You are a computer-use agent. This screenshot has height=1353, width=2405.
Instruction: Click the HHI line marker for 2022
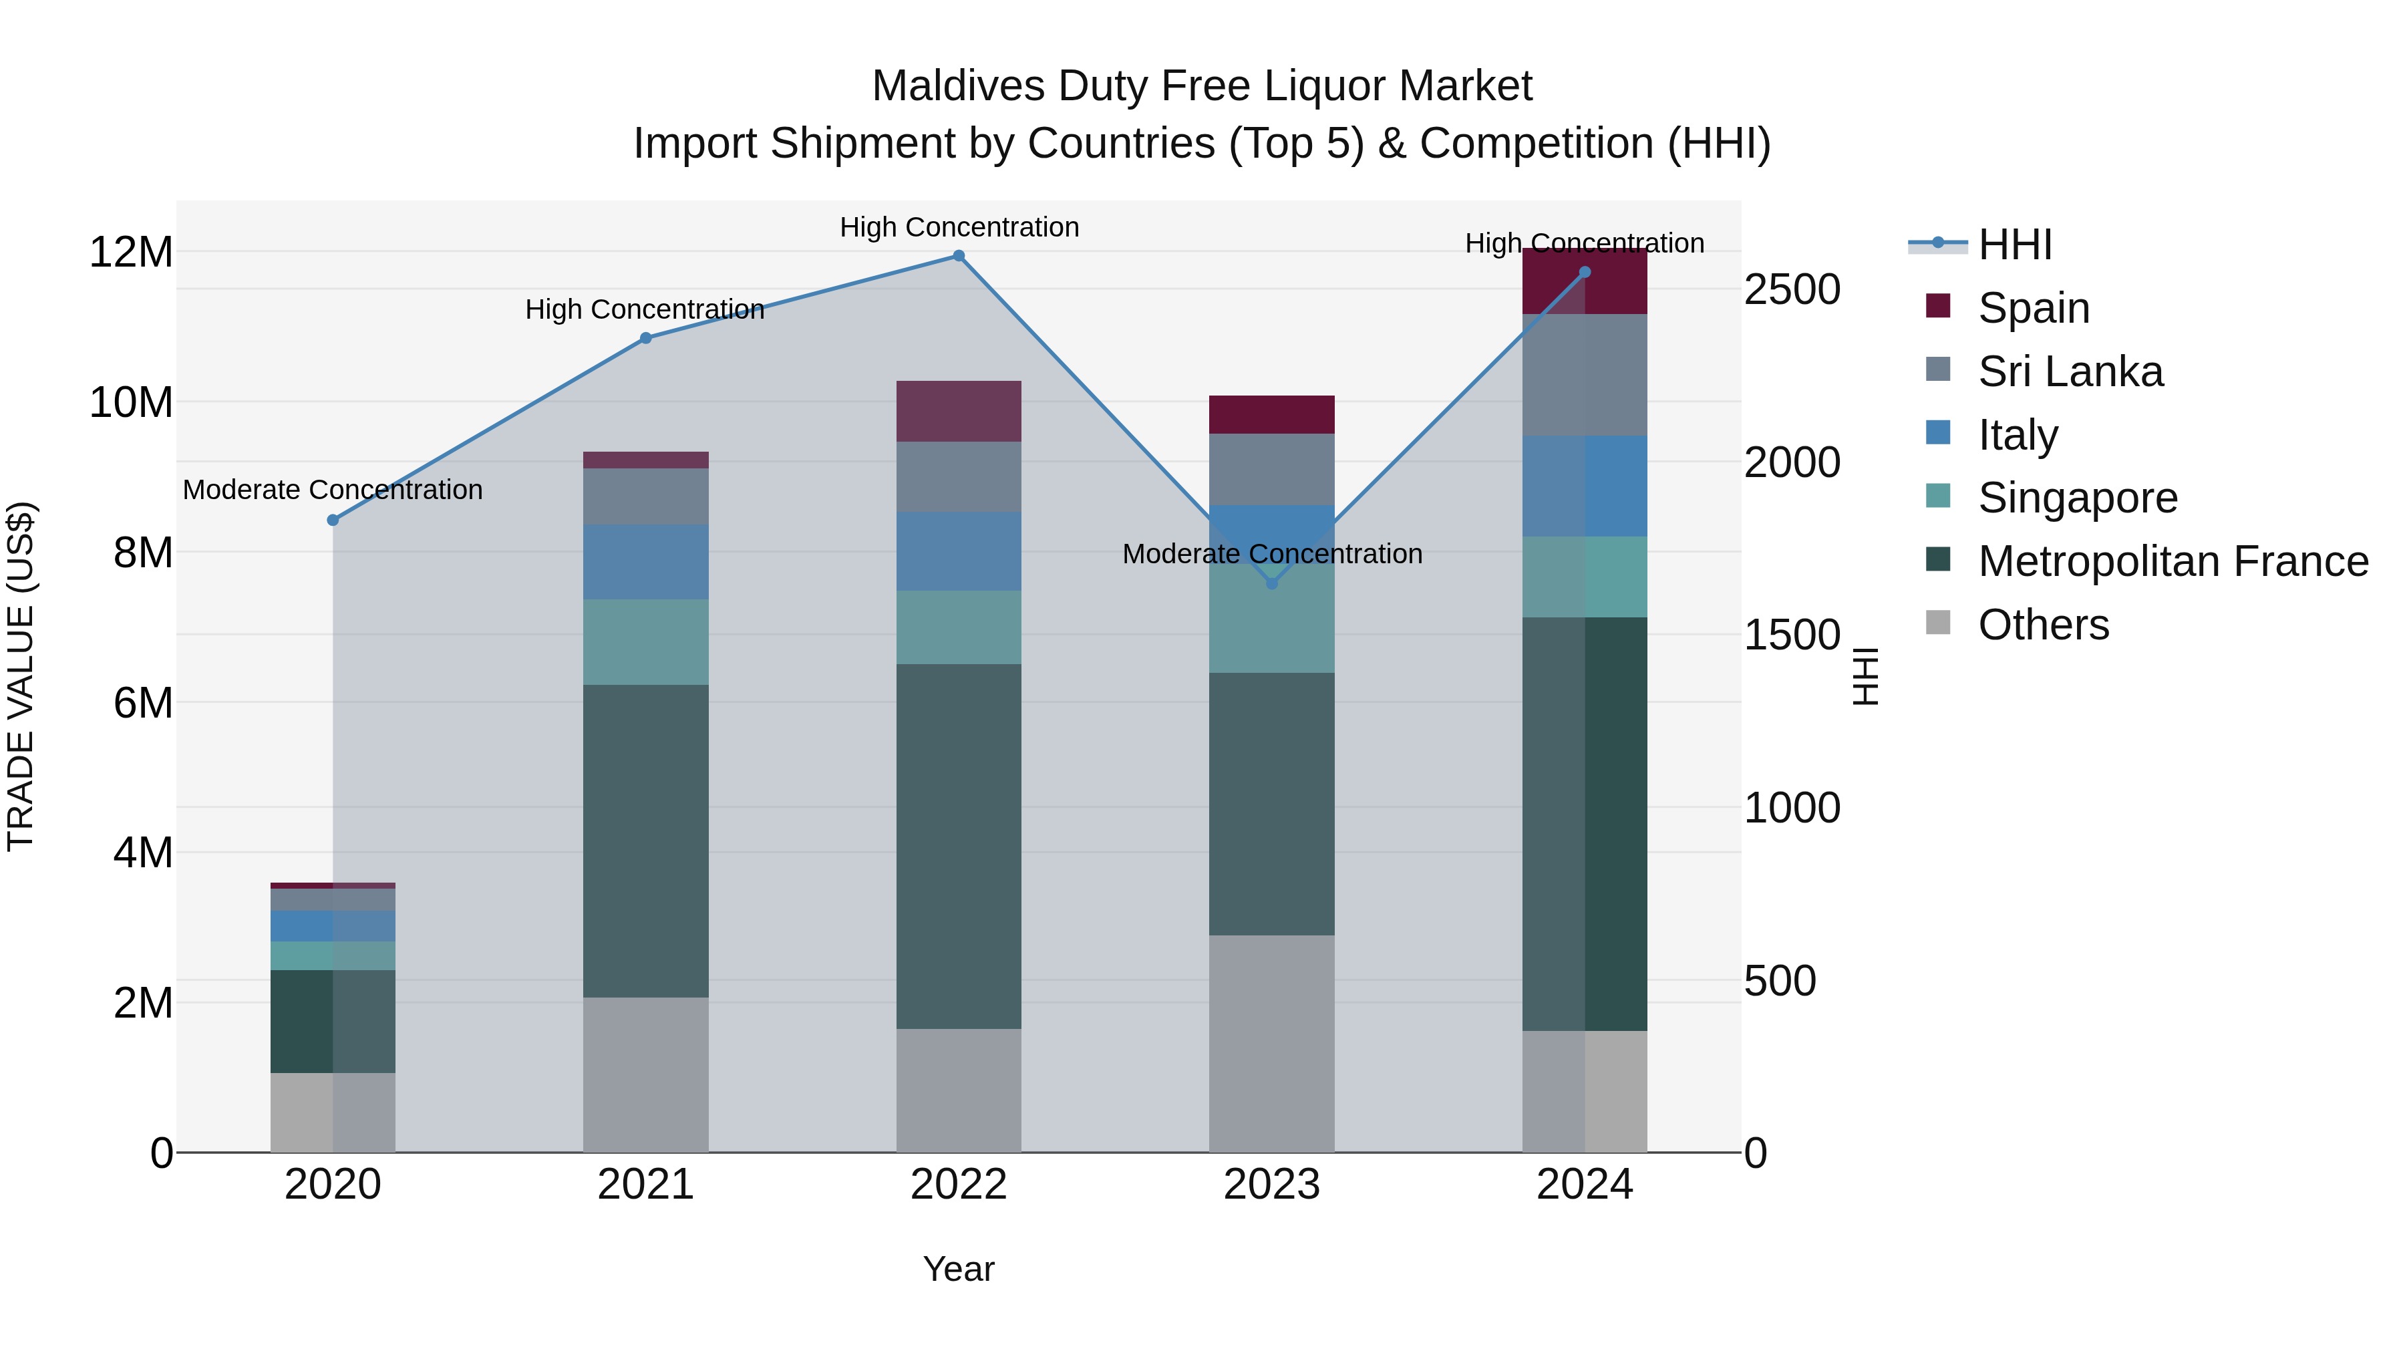click(x=958, y=256)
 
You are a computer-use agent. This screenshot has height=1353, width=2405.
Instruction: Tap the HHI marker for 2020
click(x=333, y=520)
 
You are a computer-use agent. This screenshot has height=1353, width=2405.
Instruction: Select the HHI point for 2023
click(x=1271, y=583)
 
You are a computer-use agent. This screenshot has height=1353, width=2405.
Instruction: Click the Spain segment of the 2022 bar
click(x=958, y=411)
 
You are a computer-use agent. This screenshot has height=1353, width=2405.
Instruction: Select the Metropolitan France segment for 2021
click(x=645, y=841)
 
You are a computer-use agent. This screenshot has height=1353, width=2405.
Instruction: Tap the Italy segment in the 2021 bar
click(x=645, y=561)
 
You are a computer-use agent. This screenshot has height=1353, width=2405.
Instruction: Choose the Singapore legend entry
click(x=2077, y=498)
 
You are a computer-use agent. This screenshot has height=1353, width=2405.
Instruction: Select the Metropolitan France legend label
click(x=2173, y=561)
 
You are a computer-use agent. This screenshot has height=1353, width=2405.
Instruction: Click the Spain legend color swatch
click(x=1938, y=306)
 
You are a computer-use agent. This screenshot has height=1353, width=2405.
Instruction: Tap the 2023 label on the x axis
click(x=1271, y=1185)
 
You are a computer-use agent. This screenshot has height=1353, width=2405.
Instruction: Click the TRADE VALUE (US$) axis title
click(x=21, y=676)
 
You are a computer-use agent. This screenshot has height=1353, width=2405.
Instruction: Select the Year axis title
click(x=958, y=1269)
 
